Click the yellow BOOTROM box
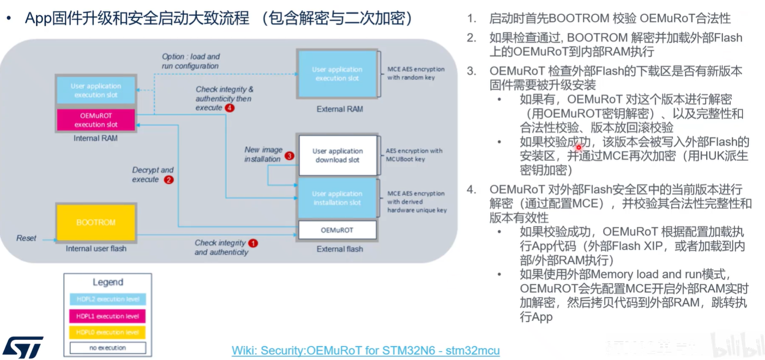pos(95,223)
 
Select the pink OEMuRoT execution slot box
pos(95,120)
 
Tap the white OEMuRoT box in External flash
pos(337,230)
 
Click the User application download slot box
pos(337,155)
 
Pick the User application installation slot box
pos(337,198)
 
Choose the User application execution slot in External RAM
pos(337,74)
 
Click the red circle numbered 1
pos(253,243)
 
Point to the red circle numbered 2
pos(168,179)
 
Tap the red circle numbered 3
pos(290,155)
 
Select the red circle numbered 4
pos(230,108)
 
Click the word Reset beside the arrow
pos(26,238)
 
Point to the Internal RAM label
pos(95,139)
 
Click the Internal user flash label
pos(96,249)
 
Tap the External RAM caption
pos(339,109)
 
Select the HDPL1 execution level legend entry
pos(107,316)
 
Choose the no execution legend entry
pos(107,347)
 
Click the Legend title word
pos(107,283)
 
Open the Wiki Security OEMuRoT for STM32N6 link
pos(365,350)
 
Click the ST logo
pos(22,347)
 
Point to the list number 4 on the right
pos(471,190)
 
